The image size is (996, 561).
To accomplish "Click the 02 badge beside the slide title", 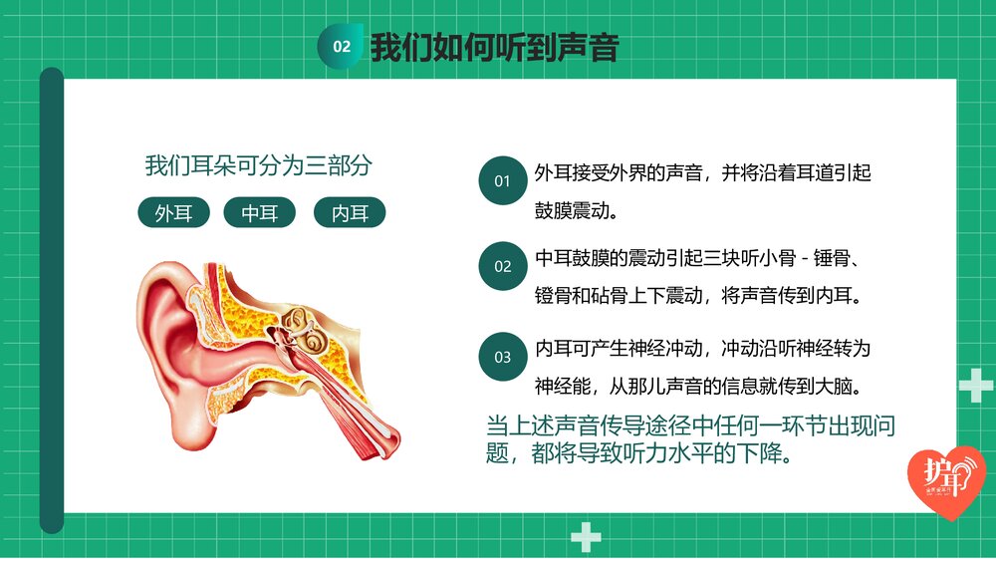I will point(341,47).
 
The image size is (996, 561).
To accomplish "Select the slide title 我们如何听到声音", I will point(494,47).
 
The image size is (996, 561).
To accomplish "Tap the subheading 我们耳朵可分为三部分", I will point(258,165).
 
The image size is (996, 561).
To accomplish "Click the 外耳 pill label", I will point(174,213).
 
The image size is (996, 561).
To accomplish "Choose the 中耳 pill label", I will point(260,213).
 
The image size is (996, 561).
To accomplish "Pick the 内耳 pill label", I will point(350,213).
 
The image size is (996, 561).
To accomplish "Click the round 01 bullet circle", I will point(502,181).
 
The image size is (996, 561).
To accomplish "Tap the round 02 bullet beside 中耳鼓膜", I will point(502,267).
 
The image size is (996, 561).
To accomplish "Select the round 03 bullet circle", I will point(502,357).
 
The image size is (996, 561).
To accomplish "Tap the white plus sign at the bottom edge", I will point(586,538).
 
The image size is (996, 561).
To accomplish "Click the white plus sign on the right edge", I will point(974,385).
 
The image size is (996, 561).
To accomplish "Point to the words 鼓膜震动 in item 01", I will point(572,211).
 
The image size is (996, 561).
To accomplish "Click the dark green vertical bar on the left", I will point(52,299).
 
